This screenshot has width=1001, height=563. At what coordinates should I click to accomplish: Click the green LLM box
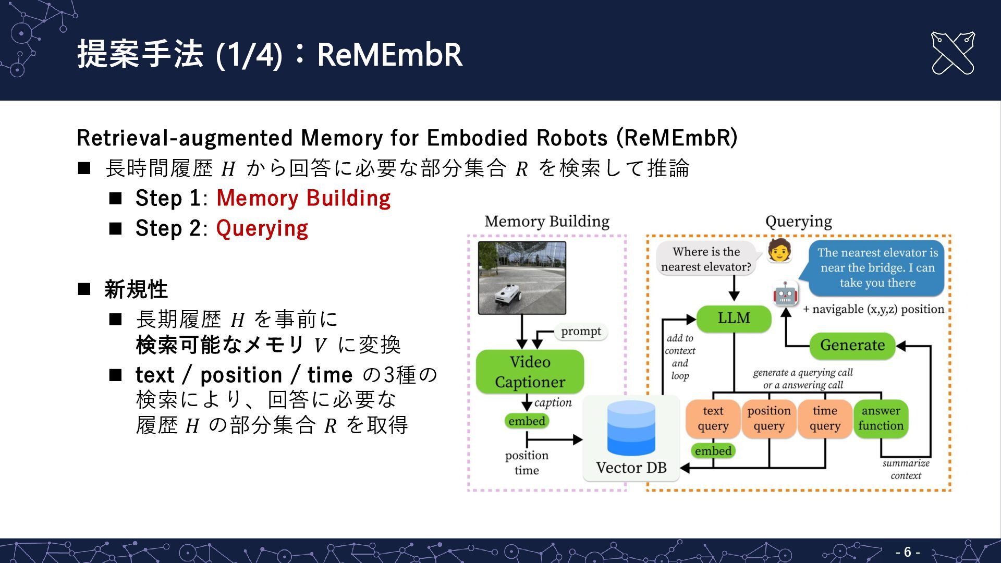734,318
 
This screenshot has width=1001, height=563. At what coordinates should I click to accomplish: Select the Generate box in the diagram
852,345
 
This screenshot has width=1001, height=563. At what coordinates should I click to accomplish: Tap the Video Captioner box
530,372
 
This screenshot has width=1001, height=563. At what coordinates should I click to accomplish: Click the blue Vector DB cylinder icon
631,428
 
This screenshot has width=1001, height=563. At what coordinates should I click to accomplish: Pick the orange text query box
713,419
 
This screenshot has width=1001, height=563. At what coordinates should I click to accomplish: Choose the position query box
769,419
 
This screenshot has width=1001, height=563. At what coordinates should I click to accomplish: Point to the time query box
825,419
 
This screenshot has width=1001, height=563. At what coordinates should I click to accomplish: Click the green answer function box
881,419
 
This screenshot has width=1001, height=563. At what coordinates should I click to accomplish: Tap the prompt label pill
581,332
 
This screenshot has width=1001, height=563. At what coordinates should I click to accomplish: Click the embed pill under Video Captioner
527,421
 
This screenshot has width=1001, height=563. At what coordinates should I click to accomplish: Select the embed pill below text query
713,451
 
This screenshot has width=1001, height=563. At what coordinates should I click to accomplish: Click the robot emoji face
785,293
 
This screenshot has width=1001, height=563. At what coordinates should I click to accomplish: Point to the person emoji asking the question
779,251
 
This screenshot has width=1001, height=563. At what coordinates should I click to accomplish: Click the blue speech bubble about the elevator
877,268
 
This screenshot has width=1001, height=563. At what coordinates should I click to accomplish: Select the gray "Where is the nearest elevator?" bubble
706,259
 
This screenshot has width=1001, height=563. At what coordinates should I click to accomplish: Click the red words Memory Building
303,198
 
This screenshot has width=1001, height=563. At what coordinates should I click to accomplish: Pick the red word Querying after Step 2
262,228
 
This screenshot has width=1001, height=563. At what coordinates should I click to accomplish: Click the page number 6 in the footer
908,552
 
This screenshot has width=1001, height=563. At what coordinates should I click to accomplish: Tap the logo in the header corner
952,53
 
